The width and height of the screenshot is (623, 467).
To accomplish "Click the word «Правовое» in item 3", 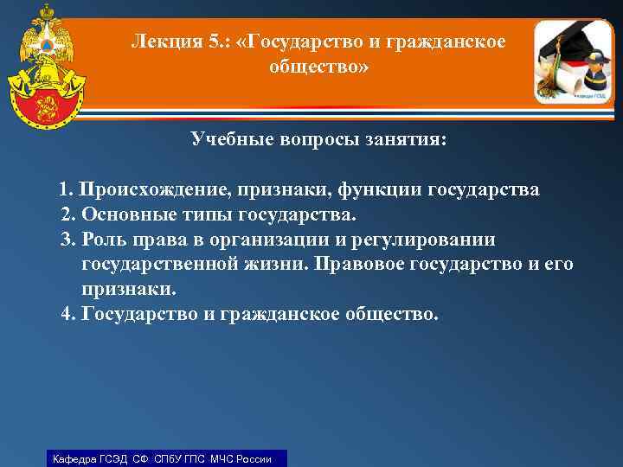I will tap(345, 264).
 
